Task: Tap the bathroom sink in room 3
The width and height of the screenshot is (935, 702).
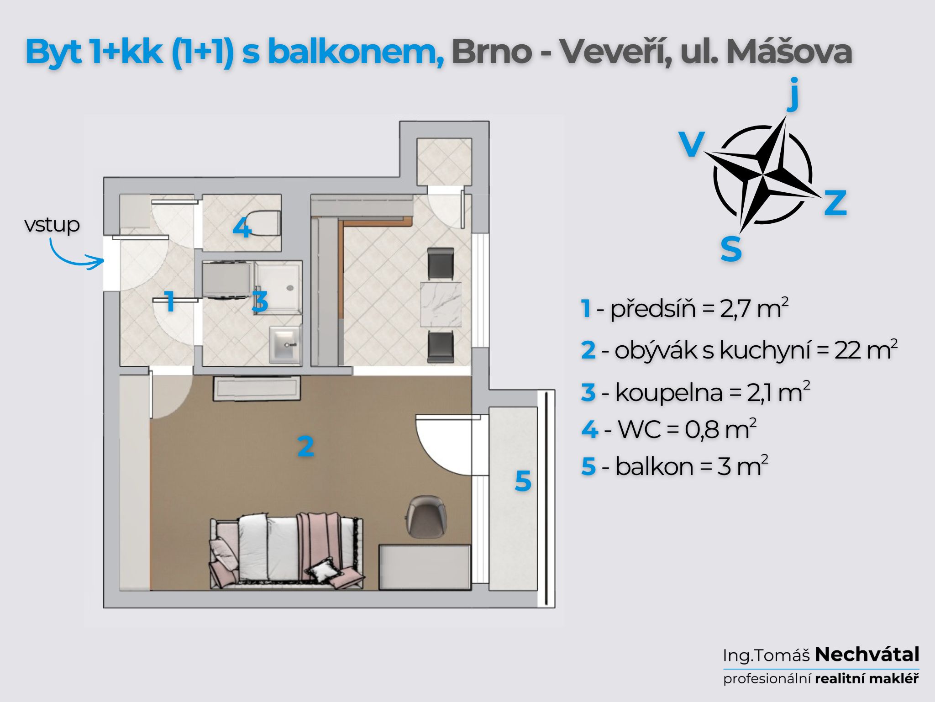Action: click(x=285, y=343)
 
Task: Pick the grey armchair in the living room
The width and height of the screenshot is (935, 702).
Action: click(x=426, y=516)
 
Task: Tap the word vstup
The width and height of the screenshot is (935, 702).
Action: click(x=52, y=225)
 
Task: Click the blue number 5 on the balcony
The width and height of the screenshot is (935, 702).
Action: click(x=523, y=481)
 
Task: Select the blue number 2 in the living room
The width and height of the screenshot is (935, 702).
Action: click(x=305, y=446)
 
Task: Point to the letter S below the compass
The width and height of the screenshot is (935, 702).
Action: click(x=731, y=249)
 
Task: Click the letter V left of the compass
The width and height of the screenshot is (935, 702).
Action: click(x=692, y=144)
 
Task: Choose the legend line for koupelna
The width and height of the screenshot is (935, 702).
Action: click(x=695, y=392)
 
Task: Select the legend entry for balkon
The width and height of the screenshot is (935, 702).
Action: click(x=675, y=466)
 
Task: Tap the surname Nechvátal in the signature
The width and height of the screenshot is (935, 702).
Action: click(x=867, y=654)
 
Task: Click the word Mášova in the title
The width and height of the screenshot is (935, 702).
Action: click(x=789, y=52)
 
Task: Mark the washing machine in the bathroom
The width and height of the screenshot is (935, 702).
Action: click(x=226, y=280)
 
